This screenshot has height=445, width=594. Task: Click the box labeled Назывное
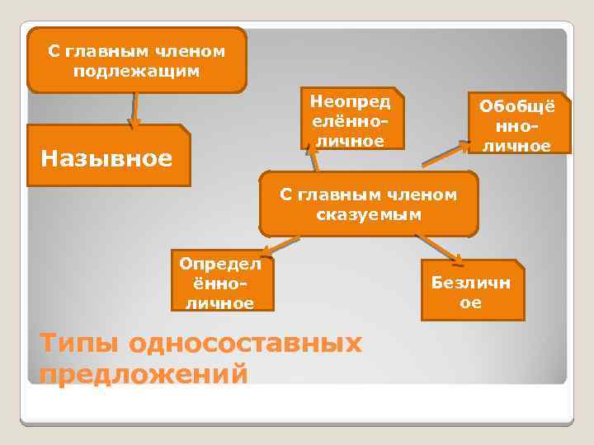[x=107, y=156]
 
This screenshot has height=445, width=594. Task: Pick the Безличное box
[x=471, y=291]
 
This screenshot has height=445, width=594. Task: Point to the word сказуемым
[x=368, y=215]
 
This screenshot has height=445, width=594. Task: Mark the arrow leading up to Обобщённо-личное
[x=442, y=155]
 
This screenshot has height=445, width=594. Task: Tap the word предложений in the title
[x=143, y=374]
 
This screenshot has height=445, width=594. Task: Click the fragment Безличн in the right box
[x=471, y=282]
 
